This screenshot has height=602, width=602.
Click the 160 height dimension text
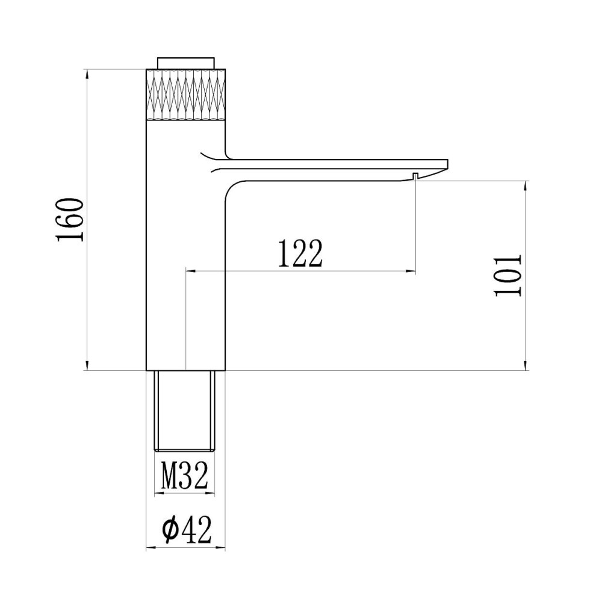(x=69, y=219)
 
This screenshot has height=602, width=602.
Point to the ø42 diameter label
(x=186, y=530)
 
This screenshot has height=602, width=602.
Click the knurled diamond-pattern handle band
(x=186, y=95)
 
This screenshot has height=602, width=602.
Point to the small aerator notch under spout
(x=415, y=175)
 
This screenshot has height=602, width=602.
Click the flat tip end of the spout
(x=447, y=163)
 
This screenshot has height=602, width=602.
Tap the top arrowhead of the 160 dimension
(x=88, y=74)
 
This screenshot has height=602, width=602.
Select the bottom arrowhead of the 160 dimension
(x=88, y=367)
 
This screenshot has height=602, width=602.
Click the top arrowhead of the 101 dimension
(x=527, y=184)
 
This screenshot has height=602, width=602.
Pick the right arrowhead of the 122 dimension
(x=412, y=272)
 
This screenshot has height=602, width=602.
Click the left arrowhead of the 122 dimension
(x=190, y=272)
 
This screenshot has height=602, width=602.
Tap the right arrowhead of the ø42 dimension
(x=222, y=548)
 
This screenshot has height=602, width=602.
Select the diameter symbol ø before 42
(x=170, y=530)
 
